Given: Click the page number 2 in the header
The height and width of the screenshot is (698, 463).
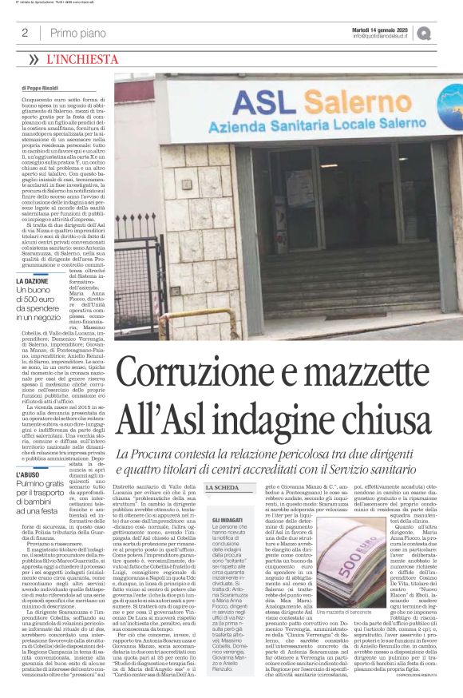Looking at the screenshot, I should (x=25, y=33).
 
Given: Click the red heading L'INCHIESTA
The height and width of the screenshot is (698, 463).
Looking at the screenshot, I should (x=81, y=59).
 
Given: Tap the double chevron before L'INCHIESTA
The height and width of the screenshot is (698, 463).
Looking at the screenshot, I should (x=33, y=59).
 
